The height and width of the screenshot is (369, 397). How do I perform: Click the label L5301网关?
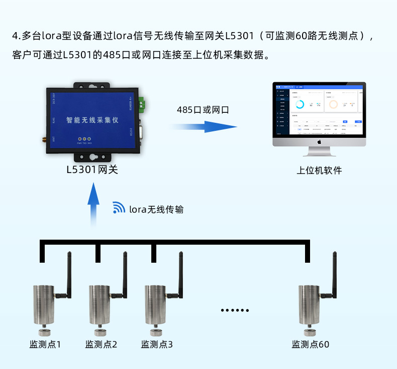(92, 169)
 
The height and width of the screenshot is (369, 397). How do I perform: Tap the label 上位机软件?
(319, 170)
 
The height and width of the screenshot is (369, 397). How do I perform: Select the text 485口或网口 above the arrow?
(203, 109)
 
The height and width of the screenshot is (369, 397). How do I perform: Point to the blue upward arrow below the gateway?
(93, 203)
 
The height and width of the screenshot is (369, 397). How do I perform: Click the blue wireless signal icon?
(119, 208)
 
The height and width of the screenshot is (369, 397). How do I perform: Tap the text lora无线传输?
(156, 209)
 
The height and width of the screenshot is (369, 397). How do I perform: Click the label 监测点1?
(45, 344)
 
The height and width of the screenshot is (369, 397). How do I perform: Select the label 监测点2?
(101, 344)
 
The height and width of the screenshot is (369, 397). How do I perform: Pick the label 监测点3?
(157, 344)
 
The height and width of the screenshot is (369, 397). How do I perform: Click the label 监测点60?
(311, 344)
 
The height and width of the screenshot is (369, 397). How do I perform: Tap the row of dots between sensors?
(235, 311)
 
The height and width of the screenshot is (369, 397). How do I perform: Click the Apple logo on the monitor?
(319, 141)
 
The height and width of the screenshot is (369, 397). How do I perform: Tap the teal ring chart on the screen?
(300, 104)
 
